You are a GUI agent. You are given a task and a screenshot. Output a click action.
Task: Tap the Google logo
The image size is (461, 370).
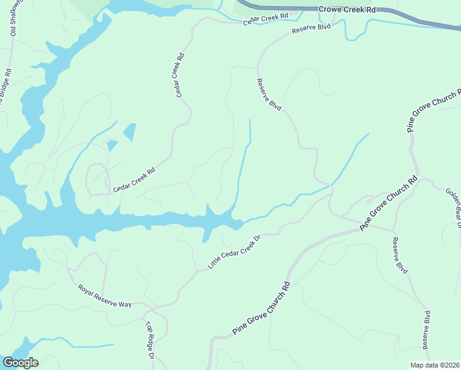[x=20, y=363]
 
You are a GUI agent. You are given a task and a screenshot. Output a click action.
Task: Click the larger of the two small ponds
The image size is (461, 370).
[x=130, y=132]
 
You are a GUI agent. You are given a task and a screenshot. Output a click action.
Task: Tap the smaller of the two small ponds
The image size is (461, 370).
[x=112, y=146]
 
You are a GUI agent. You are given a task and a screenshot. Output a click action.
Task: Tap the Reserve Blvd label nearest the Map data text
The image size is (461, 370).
[x=426, y=336]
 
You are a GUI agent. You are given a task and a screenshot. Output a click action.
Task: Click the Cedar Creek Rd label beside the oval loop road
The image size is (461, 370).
[x=133, y=179]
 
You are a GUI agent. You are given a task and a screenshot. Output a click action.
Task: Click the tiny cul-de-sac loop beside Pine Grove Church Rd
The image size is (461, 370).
[x=370, y=200]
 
